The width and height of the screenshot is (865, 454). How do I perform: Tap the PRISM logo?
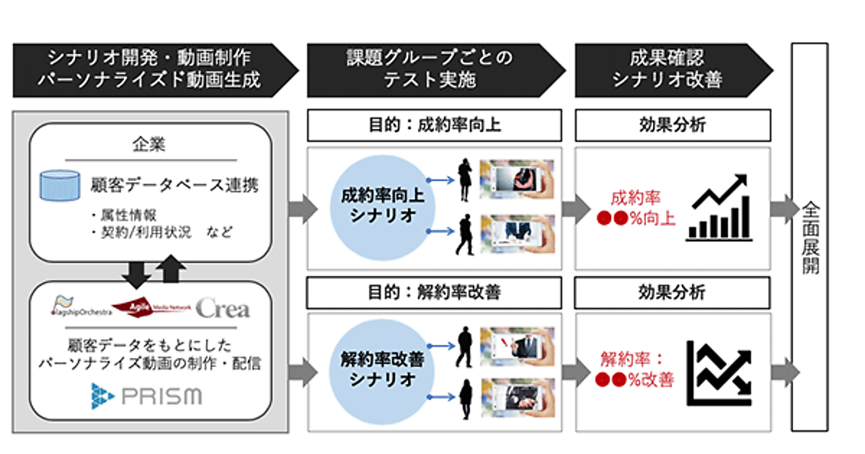pos(146,396)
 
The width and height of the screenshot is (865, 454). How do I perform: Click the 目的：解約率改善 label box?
pos(434,293)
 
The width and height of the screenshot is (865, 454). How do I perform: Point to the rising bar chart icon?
pos(719,206)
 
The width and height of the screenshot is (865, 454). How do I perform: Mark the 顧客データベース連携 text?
pos(175,185)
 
